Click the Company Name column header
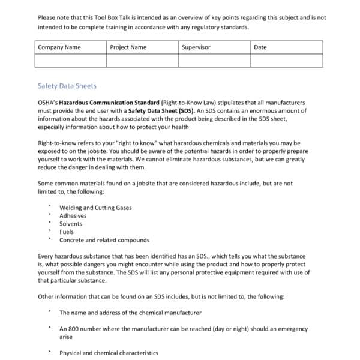tap(59, 47)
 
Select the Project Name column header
tap(128, 47)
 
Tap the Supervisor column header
tap(196, 47)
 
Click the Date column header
tap(260, 47)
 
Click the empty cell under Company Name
tap(71, 61)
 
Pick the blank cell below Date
tap(286, 61)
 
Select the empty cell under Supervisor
tap(214, 61)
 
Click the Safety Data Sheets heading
tap(67, 86)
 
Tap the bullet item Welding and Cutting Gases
tap(95, 208)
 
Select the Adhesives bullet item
tap(73, 216)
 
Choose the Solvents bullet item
tap(71, 224)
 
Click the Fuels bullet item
tap(67, 232)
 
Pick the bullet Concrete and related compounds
tap(104, 240)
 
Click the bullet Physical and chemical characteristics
tap(109, 353)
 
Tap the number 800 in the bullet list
tap(74, 329)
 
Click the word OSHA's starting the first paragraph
tap(47, 103)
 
